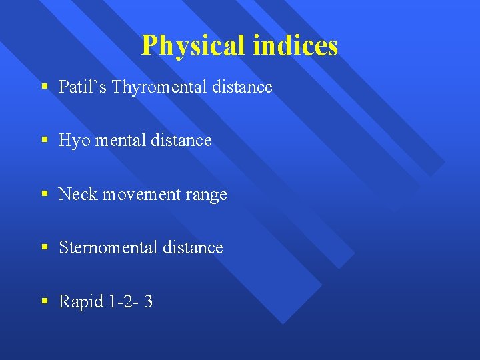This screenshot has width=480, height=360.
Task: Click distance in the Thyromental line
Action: click(x=241, y=87)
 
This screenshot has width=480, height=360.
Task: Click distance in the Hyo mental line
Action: click(x=181, y=140)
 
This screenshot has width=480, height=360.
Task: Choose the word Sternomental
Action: click(x=107, y=247)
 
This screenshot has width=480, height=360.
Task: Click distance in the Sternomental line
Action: click(x=192, y=247)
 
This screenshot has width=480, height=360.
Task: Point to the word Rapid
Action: click(x=81, y=301)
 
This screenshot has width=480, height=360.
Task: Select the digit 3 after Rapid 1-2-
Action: click(x=148, y=301)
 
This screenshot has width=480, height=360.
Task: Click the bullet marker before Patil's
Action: click(x=44, y=87)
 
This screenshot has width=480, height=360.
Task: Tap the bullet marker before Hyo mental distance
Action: click(x=44, y=141)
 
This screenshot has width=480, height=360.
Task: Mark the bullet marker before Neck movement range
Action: click(x=44, y=195)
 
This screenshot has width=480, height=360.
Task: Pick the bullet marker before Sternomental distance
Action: click(x=44, y=248)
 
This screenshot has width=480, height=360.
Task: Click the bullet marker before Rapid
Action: click(x=44, y=301)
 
